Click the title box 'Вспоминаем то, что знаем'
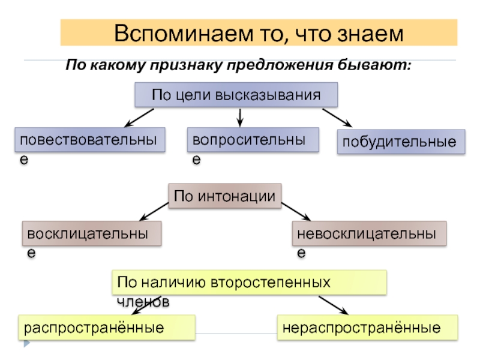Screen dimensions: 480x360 259,32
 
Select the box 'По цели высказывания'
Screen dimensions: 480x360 235,95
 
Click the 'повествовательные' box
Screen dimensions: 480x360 90,140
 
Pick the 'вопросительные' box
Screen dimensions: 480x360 253,140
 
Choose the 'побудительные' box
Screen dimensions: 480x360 401,143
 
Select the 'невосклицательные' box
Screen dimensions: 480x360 370,234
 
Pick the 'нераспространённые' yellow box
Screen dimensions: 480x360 367,328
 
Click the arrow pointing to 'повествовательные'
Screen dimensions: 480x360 139,118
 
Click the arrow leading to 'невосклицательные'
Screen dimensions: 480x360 295,211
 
